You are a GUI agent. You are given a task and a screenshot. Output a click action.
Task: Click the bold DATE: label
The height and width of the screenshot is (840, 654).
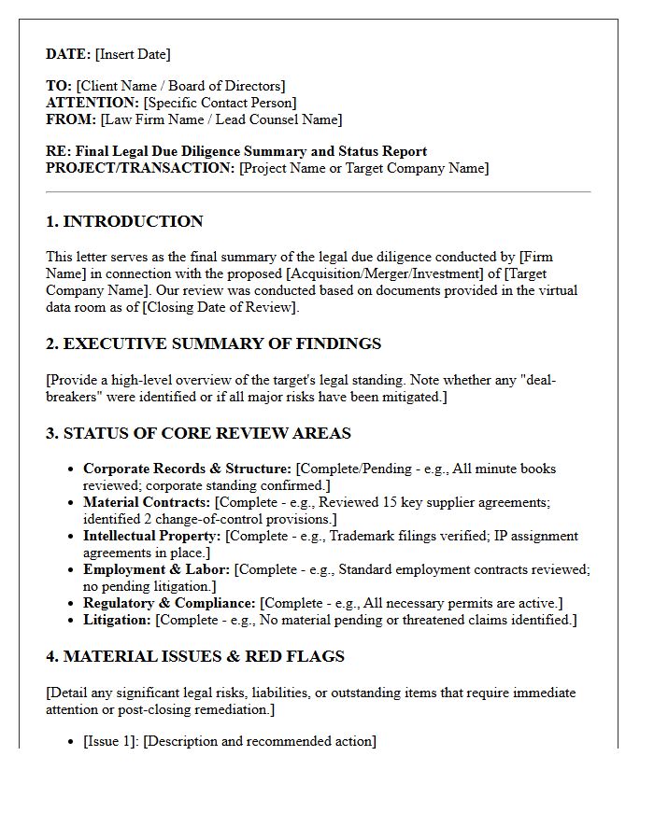pos(68,54)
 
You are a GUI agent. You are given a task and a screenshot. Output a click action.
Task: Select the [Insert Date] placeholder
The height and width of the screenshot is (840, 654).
pos(133,54)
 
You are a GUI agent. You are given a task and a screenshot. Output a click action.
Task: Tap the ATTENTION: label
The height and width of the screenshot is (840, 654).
pos(92,103)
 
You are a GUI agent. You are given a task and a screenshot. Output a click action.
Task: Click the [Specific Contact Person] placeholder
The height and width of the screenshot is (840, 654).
pos(220,103)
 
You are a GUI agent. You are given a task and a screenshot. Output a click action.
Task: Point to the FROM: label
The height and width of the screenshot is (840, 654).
pos(71,119)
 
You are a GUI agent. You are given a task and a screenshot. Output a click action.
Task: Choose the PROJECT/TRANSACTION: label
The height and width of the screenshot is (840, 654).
pos(140,168)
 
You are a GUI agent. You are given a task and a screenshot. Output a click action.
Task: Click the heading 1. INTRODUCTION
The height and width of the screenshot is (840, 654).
pos(124,221)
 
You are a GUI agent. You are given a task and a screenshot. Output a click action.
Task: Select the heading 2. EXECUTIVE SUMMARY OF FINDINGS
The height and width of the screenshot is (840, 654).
pos(213,343)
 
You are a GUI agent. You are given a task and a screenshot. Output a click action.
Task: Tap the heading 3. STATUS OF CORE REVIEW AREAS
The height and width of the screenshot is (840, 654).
pos(198,433)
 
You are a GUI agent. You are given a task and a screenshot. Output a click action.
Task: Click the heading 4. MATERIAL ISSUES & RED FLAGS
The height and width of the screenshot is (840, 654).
pos(195,656)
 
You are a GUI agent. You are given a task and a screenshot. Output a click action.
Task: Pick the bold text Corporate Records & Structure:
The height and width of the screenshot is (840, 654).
pos(187,469)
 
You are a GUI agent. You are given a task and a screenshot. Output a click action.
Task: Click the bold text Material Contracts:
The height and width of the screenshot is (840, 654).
pos(147,502)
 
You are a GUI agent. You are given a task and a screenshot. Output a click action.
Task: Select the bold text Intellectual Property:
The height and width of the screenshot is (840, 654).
pos(152,536)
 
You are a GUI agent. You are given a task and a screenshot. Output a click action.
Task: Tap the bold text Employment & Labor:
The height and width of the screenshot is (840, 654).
pos(156,569)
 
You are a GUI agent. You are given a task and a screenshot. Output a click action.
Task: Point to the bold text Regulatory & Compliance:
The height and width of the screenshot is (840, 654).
pos(169,603)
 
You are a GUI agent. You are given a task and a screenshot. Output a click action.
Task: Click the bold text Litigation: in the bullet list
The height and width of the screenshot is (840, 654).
pos(117,620)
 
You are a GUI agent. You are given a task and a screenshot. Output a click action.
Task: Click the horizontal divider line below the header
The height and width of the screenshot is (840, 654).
pos(318,192)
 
